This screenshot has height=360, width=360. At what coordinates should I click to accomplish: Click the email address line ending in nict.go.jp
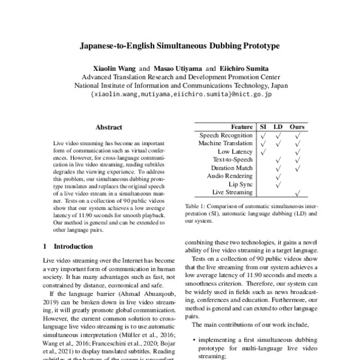click(x=181, y=94)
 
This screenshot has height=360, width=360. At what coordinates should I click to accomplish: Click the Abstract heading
click(x=109, y=128)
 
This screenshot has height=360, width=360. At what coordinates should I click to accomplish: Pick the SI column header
click(x=263, y=127)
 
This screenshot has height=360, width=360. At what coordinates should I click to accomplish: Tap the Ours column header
click(x=297, y=127)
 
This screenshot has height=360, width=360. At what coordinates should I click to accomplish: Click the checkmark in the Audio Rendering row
click(x=278, y=176)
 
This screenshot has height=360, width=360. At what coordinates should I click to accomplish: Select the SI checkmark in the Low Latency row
click(x=263, y=152)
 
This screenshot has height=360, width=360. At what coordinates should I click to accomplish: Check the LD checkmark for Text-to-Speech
click(x=278, y=160)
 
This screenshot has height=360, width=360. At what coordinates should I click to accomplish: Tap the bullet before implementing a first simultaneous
click(x=196, y=340)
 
